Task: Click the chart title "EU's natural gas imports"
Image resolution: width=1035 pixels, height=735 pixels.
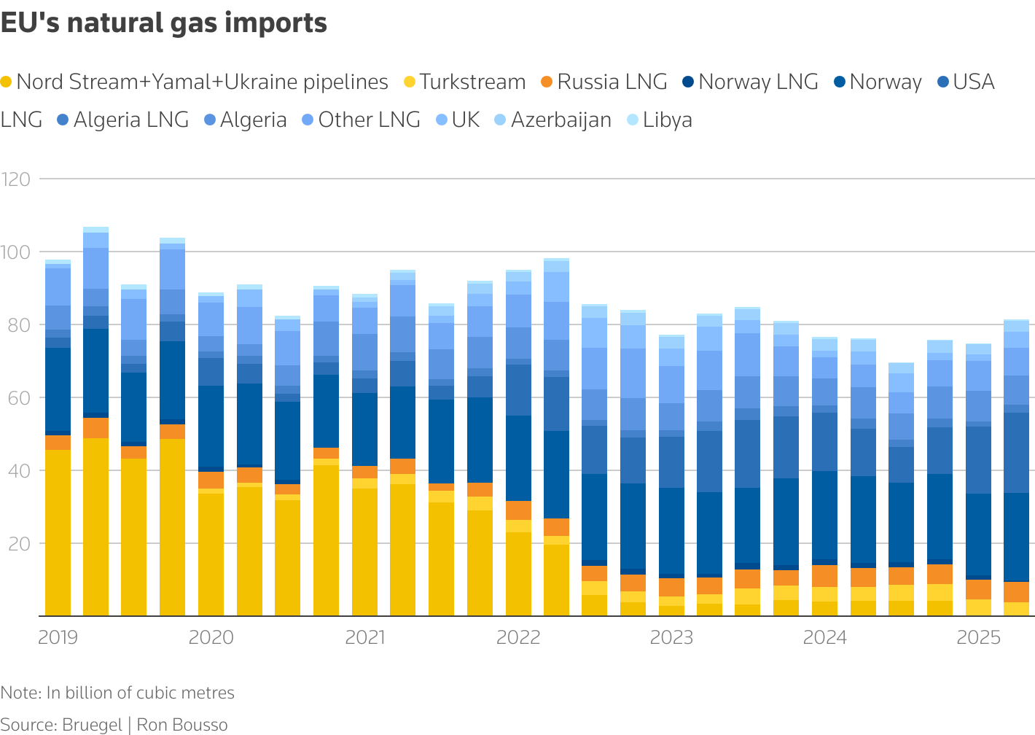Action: click(x=164, y=23)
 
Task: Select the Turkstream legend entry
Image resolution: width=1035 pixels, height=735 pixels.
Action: click(x=472, y=82)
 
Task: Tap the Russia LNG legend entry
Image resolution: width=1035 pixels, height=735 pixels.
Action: click(x=612, y=82)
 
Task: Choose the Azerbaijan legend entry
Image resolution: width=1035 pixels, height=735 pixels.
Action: click(x=561, y=120)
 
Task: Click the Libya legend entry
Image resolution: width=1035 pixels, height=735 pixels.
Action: click(x=667, y=120)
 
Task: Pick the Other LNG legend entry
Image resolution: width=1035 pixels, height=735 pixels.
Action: click(x=369, y=120)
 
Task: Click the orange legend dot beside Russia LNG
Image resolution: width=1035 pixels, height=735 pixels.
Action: click(x=547, y=82)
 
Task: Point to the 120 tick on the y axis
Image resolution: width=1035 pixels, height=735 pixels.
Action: click(x=15, y=179)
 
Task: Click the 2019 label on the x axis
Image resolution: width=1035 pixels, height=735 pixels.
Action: click(x=58, y=637)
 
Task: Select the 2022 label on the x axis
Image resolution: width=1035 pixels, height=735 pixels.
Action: click(x=518, y=637)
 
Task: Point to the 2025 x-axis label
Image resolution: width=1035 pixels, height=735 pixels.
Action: click(x=978, y=637)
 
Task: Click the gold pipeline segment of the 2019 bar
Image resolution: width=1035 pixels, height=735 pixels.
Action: click(x=58, y=532)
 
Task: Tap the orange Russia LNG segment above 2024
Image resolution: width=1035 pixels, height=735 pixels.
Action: click(x=824, y=576)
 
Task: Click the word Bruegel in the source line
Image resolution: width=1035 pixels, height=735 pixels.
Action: click(x=92, y=725)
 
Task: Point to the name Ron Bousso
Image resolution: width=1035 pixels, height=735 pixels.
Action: click(x=182, y=725)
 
